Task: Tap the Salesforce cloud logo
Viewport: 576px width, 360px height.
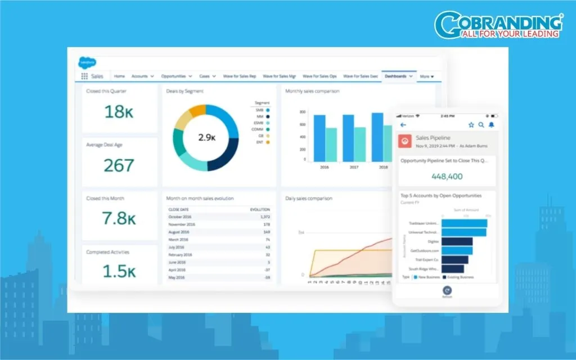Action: (x=87, y=62)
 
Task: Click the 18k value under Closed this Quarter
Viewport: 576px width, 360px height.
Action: (x=119, y=111)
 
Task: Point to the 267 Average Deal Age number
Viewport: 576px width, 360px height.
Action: (x=119, y=165)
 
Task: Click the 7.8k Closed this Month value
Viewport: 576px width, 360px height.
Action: (x=119, y=218)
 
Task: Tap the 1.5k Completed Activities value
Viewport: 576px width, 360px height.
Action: (x=119, y=271)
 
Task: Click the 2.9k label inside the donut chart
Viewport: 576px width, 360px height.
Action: (x=207, y=137)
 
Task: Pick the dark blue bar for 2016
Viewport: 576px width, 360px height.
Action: (x=319, y=138)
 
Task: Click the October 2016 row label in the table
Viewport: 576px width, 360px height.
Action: (x=180, y=217)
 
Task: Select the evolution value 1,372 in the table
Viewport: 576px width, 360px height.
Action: (x=265, y=217)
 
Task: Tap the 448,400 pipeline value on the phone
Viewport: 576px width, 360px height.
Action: (x=447, y=176)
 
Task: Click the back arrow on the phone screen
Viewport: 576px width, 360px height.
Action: (x=403, y=125)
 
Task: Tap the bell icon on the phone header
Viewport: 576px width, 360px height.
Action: (x=491, y=125)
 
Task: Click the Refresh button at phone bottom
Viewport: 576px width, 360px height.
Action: (x=447, y=291)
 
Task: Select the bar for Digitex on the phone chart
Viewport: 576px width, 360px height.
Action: (x=457, y=241)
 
